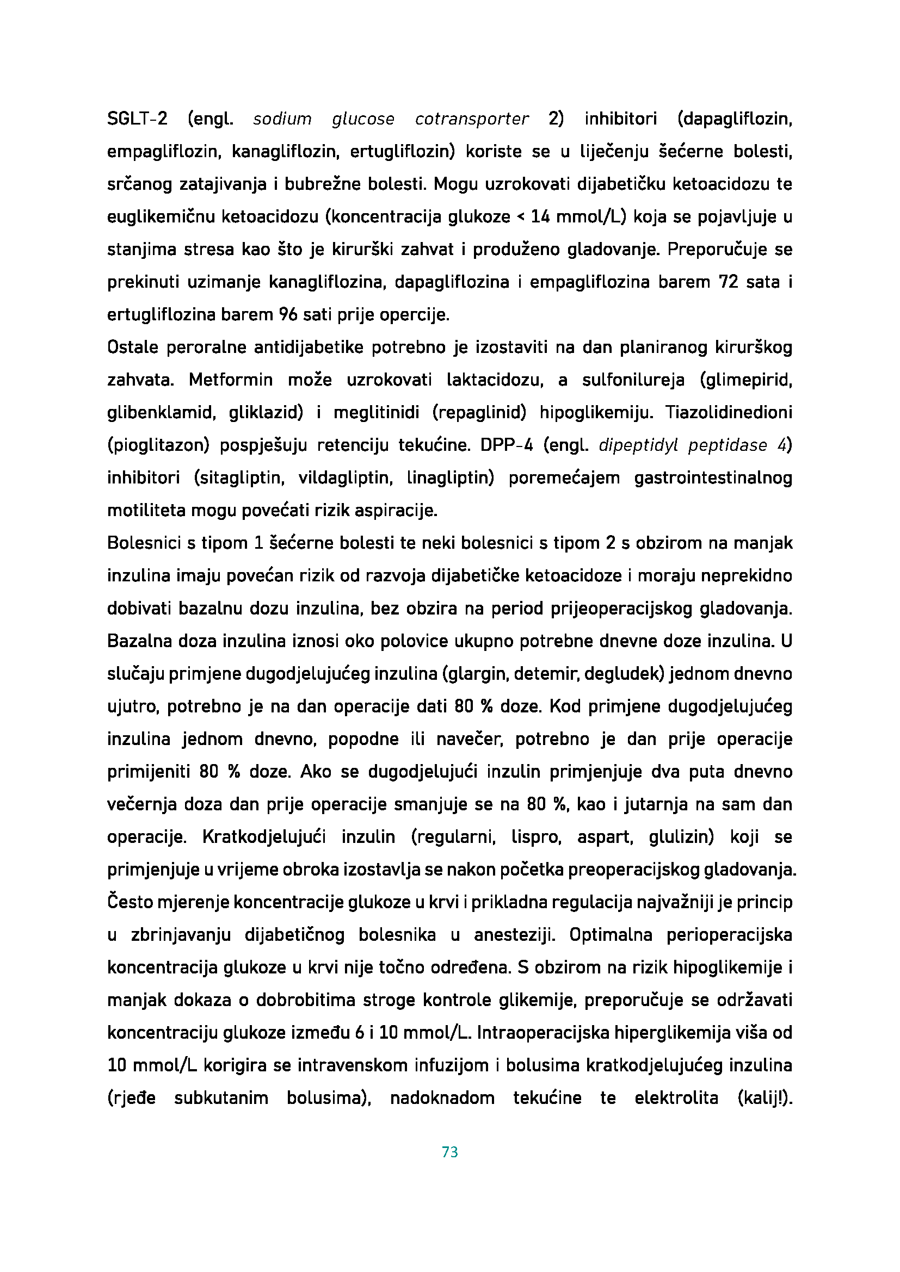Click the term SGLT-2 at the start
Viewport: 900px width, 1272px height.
[x=137, y=119]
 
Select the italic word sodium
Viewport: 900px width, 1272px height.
[x=282, y=119]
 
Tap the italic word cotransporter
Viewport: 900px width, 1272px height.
[x=472, y=119]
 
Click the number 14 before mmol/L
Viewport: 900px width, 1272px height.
[x=540, y=216]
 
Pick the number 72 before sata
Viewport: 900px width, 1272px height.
[x=728, y=282]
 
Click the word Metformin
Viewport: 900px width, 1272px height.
[x=231, y=380]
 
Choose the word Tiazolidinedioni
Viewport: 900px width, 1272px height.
[x=729, y=413]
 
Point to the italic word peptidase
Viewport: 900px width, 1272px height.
[x=728, y=445]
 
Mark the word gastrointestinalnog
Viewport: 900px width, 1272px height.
[x=713, y=477]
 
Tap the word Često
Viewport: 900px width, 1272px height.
[x=129, y=903]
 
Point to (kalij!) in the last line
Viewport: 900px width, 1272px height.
[x=764, y=1098]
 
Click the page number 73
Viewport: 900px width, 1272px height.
[x=449, y=1152]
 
